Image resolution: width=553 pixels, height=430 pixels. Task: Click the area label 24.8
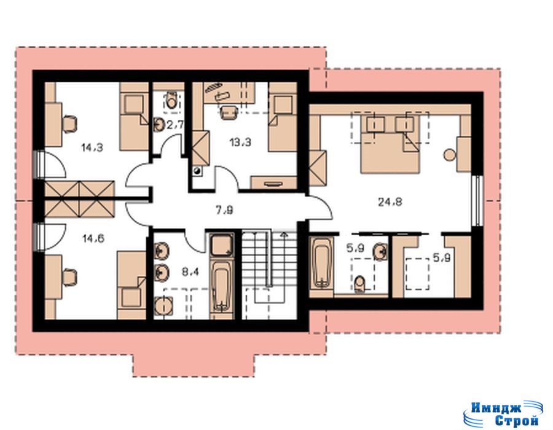(390, 202)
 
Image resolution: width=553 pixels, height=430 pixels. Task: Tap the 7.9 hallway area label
(224, 211)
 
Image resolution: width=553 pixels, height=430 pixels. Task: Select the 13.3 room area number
(240, 143)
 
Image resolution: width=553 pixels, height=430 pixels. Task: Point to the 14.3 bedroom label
(92, 147)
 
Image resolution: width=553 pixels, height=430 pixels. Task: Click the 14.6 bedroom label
(93, 238)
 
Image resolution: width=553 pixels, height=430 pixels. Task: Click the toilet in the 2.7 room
(171, 100)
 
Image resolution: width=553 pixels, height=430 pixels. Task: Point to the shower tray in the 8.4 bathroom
(221, 246)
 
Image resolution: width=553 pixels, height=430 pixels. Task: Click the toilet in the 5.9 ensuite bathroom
(359, 284)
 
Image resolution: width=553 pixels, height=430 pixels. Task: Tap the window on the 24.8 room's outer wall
(477, 200)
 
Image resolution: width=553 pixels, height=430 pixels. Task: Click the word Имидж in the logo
(496, 408)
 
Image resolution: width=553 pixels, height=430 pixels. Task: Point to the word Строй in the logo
(516, 420)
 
